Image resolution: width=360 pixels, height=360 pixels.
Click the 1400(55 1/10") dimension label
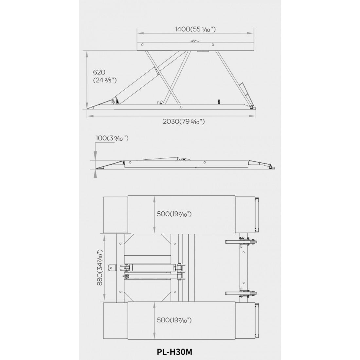pos(195,29)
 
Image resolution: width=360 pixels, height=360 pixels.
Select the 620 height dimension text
pos(99,72)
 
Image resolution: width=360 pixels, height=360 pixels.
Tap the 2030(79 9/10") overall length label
pos(184,121)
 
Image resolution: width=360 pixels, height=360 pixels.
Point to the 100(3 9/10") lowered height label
pos(112,138)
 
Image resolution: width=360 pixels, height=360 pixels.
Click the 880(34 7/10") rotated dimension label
pos(99,267)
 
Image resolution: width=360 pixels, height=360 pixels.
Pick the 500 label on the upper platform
pos(174,214)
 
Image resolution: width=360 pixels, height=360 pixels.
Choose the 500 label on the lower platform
pos(174,320)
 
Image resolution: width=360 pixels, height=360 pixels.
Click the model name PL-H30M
pos(174,352)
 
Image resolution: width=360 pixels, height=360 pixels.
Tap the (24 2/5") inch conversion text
pos(105,81)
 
